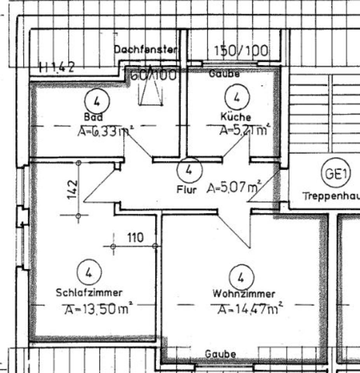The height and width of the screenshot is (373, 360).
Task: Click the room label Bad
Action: coord(93,117)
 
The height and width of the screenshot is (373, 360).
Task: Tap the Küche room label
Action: coord(236,116)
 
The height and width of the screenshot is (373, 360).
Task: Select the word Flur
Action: coord(187,190)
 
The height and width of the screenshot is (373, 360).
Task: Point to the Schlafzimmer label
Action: coord(89,292)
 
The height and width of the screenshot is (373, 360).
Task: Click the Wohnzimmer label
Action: coord(244,294)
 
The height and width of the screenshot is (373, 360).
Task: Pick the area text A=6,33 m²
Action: coord(104,132)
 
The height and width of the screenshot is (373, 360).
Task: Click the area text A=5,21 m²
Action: coord(244,130)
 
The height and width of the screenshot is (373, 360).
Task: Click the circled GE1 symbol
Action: coord(336,175)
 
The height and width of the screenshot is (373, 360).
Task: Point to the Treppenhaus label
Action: coord(331,196)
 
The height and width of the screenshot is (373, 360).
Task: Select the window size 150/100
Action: coord(241,51)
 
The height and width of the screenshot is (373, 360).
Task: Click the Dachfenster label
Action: coord(146,50)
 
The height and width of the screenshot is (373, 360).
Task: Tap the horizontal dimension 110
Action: coord(135,237)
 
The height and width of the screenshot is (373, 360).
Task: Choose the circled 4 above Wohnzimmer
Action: coord(241,277)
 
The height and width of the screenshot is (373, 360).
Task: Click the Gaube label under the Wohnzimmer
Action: coord(220,354)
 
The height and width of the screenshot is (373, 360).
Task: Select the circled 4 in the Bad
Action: coord(97,101)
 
